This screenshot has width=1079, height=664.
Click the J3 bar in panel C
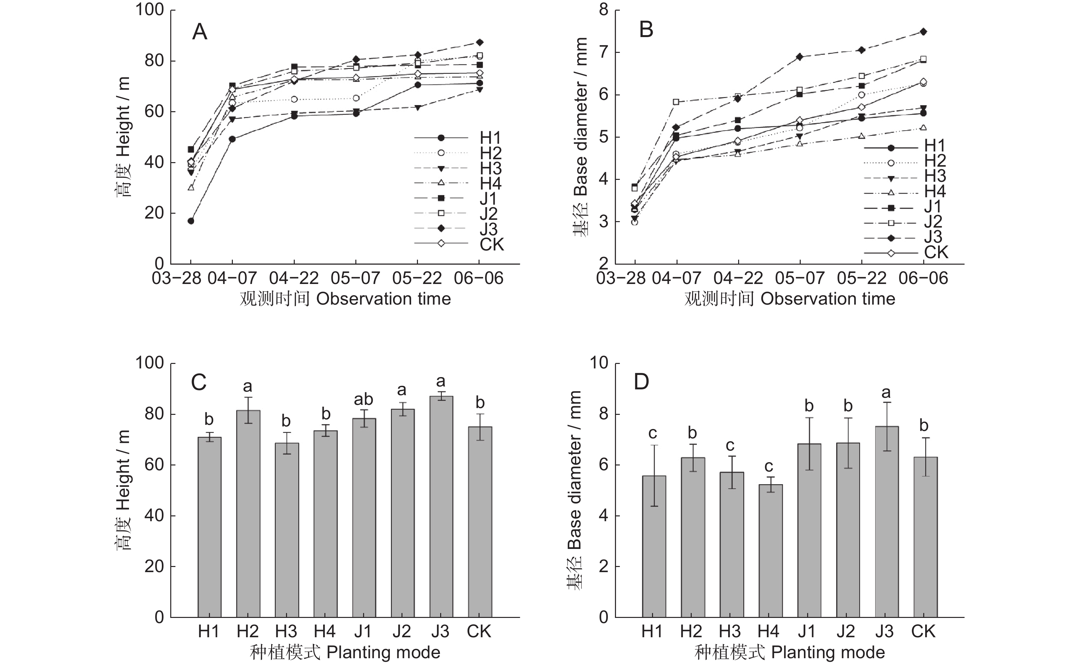click(x=441, y=506)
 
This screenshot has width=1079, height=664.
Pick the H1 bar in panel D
click(x=654, y=546)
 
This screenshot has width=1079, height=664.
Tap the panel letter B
click(x=646, y=30)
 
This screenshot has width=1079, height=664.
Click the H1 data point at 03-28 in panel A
click(x=191, y=221)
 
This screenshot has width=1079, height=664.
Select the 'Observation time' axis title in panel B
click(x=828, y=299)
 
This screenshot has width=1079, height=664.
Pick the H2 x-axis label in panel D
click(x=691, y=631)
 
